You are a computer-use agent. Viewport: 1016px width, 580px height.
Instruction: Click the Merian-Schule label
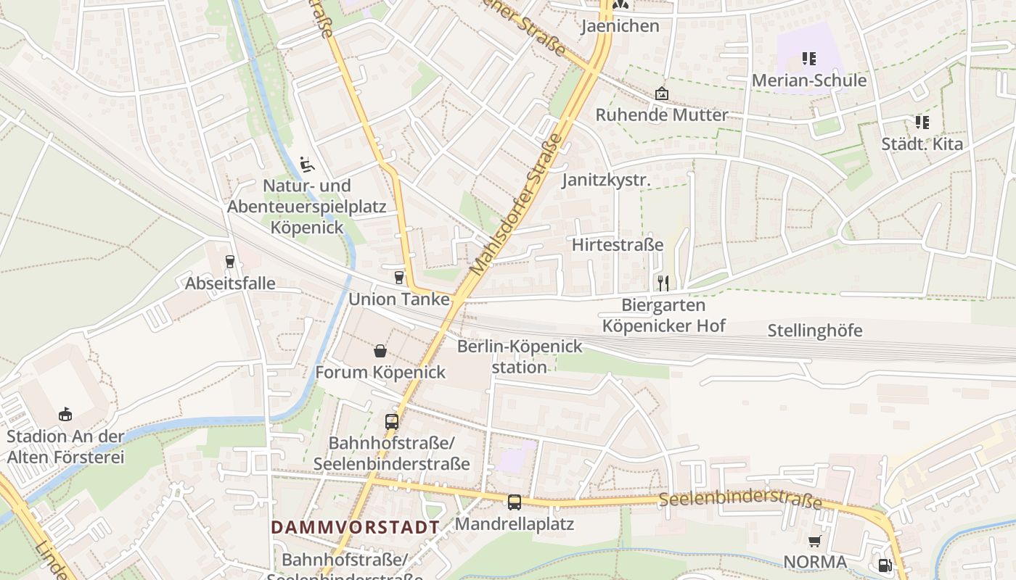click(x=808, y=80)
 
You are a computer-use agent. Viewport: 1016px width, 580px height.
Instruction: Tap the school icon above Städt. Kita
click(x=922, y=122)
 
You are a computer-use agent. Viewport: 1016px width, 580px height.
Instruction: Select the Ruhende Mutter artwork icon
click(x=661, y=94)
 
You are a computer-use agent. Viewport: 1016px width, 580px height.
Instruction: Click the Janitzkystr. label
click(x=606, y=180)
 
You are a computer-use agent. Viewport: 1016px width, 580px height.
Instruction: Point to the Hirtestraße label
click(x=617, y=244)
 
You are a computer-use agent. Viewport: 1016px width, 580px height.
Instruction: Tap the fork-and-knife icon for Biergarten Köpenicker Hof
click(x=663, y=283)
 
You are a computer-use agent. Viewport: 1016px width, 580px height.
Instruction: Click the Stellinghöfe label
click(x=815, y=331)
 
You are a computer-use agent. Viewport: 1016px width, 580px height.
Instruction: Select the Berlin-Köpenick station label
click(x=520, y=356)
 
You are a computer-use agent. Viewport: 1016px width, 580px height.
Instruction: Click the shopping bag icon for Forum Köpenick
click(x=380, y=352)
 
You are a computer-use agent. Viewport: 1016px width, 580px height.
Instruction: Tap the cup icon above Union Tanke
click(x=398, y=276)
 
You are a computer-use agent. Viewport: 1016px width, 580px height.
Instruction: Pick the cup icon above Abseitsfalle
click(x=230, y=262)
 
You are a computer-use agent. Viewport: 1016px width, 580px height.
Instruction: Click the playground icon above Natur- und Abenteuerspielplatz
click(x=307, y=164)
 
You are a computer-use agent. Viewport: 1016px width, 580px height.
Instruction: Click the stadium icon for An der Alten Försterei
click(x=65, y=415)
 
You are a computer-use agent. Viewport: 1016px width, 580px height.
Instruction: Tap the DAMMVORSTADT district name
click(x=356, y=527)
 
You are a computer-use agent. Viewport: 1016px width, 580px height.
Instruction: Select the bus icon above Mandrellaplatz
click(x=514, y=502)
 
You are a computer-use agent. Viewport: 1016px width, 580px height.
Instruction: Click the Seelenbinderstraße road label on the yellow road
click(x=740, y=500)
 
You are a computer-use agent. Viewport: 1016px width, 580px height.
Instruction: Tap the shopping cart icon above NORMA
click(x=814, y=541)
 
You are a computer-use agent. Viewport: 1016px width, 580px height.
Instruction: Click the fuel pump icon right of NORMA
click(x=884, y=565)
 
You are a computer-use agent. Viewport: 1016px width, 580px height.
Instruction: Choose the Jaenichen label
click(x=620, y=26)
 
